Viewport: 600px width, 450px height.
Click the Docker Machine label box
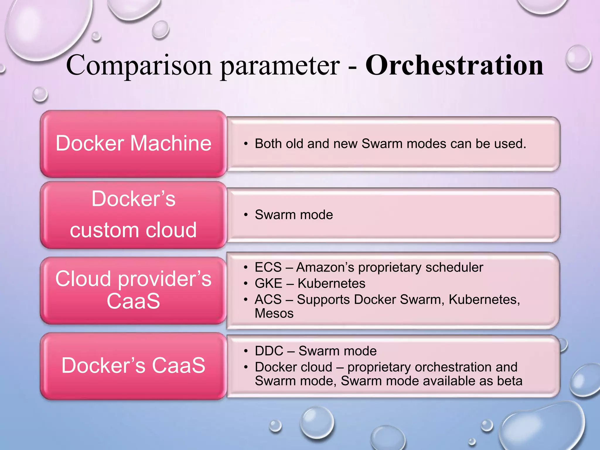click(134, 144)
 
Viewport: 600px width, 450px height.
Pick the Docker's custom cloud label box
click(134, 215)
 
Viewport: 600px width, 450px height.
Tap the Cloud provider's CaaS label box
click(134, 290)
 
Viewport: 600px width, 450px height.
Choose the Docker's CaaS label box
click(134, 366)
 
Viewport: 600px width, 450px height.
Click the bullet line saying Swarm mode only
click(294, 215)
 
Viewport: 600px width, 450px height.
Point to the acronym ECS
click(268, 267)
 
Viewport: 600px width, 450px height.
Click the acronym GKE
click(268, 283)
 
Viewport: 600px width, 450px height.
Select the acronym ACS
click(268, 299)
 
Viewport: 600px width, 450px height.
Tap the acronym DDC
click(269, 351)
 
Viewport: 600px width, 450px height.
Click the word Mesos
click(274, 313)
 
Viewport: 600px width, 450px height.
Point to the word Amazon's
click(325, 267)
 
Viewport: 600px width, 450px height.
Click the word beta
click(509, 381)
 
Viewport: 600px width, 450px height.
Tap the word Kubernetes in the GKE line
click(331, 283)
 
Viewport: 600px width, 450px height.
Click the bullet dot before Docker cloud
click(246, 367)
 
